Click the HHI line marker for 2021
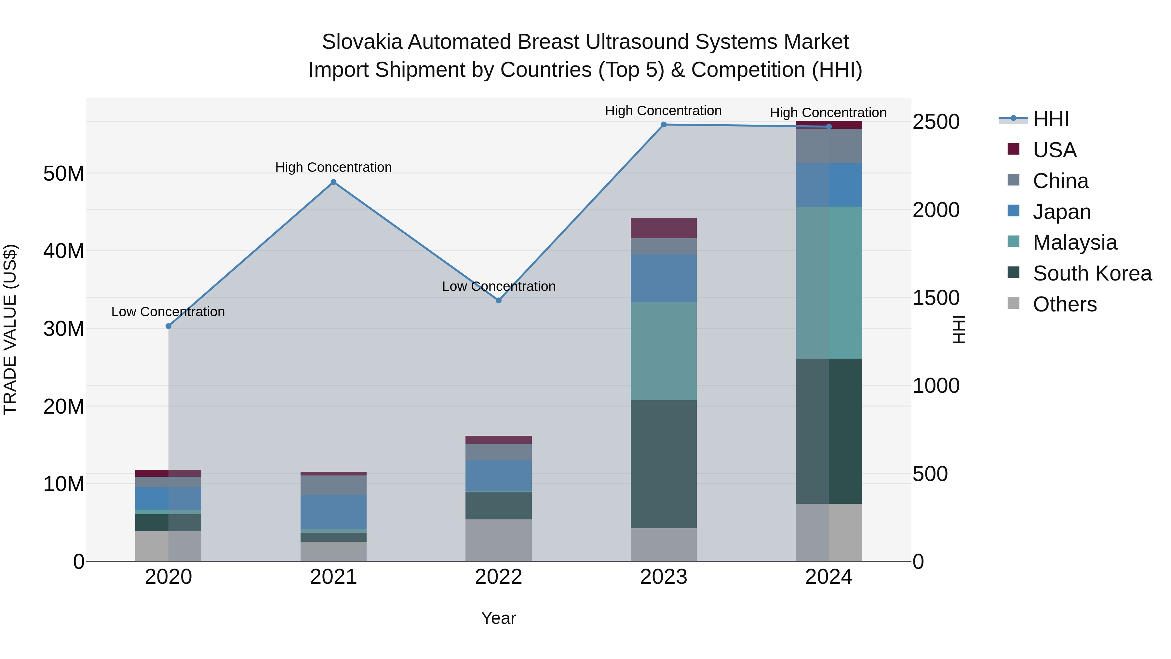click(x=333, y=182)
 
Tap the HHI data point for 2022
click(x=499, y=301)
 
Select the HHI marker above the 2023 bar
click(x=664, y=125)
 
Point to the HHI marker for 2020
click(x=168, y=326)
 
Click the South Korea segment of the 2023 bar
click(x=664, y=464)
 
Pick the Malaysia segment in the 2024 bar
click(x=829, y=282)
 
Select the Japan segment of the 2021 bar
click(x=333, y=512)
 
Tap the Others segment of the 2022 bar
click(x=499, y=540)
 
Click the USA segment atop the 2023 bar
click(x=664, y=228)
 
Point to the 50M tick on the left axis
click(x=64, y=174)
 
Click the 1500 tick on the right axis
click(x=936, y=298)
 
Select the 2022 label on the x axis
click(x=499, y=577)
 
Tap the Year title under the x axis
click(x=499, y=618)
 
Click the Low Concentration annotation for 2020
click(x=168, y=312)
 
